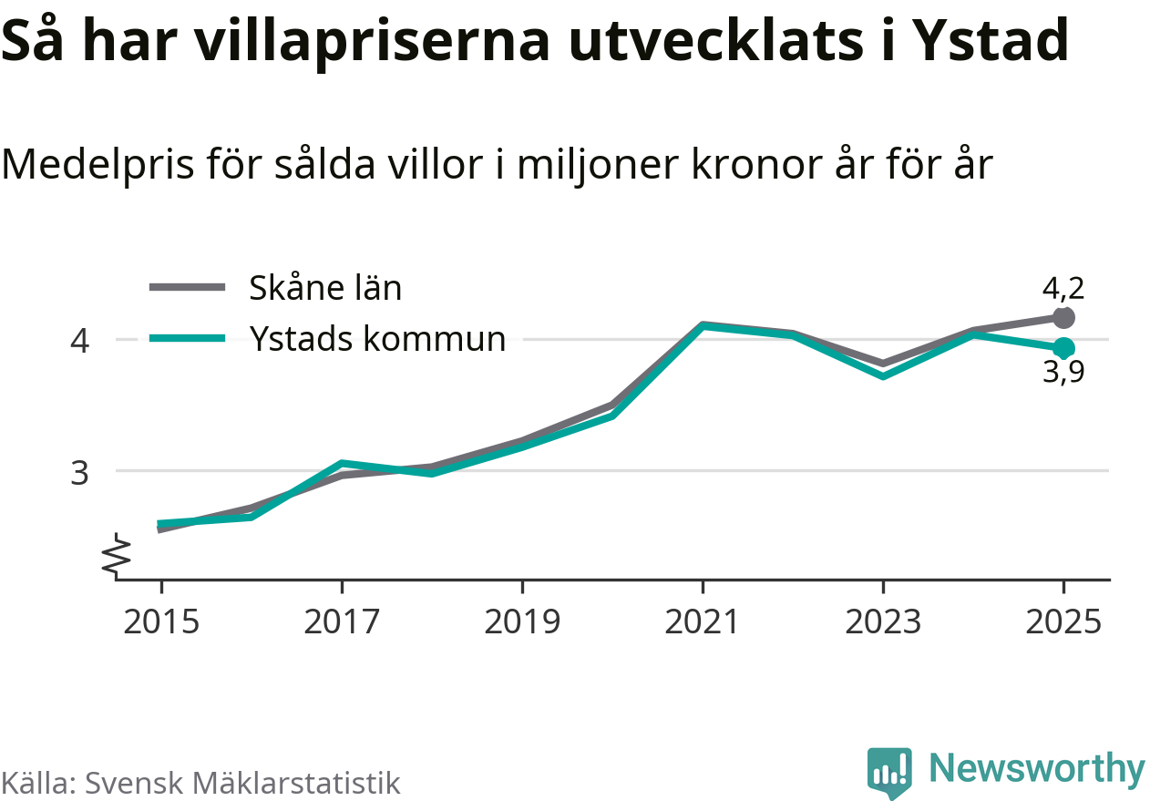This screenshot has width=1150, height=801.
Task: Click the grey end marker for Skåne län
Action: pyautogui.click(x=1063, y=318)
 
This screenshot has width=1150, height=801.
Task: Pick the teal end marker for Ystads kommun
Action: pyautogui.click(x=1063, y=348)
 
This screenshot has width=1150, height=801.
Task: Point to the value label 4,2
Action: pyautogui.click(x=1063, y=288)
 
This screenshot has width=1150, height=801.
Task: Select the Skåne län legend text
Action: pyautogui.click(x=325, y=288)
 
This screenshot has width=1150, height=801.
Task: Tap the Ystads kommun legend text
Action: pyautogui.click(x=377, y=338)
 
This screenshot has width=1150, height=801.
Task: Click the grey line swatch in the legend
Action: pyautogui.click(x=187, y=288)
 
